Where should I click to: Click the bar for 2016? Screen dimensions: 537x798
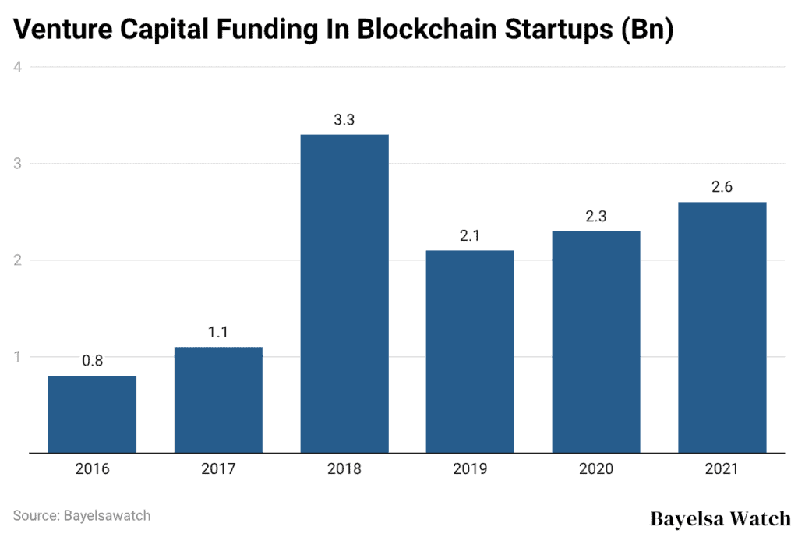pyautogui.click(x=92, y=414)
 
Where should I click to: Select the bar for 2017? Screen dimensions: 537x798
pyautogui.click(x=218, y=399)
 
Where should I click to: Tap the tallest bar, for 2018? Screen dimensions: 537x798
pyautogui.click(x=344, y=293)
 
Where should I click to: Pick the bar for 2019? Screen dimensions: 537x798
pyautogui.click(x=470, y=351)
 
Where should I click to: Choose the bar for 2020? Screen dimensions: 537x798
pyautogui.click(x=596, y=341)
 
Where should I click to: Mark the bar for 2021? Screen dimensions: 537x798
pyautogui.click(x=722, y=327)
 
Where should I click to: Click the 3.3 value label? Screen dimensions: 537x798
pyautogui.click(x=344, y=120)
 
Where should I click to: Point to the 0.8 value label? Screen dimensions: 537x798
pyautogui.click(x=92, y=361)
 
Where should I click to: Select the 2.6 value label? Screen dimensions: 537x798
pyautogui.click(x=722, y=188)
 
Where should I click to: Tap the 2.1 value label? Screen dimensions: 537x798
pyautogui.click(x=470, y=236)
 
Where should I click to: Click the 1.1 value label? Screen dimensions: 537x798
pyautogui.click(x=218, y=332)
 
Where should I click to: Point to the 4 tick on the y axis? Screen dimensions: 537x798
pyautogui.click(x=16, y=67)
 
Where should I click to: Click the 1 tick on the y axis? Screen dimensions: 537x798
pyautogui.click(x=16, y=357)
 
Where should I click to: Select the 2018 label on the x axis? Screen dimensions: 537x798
pyautogui.click(x=344, y=469)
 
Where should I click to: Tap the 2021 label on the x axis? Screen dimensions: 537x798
pyautogui.click(x=722, y=469)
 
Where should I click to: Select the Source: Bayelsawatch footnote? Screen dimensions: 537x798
pyautogui.click(x=82, y=515)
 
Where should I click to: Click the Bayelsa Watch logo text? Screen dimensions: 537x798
pyautogui.click(x=720, y=518)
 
